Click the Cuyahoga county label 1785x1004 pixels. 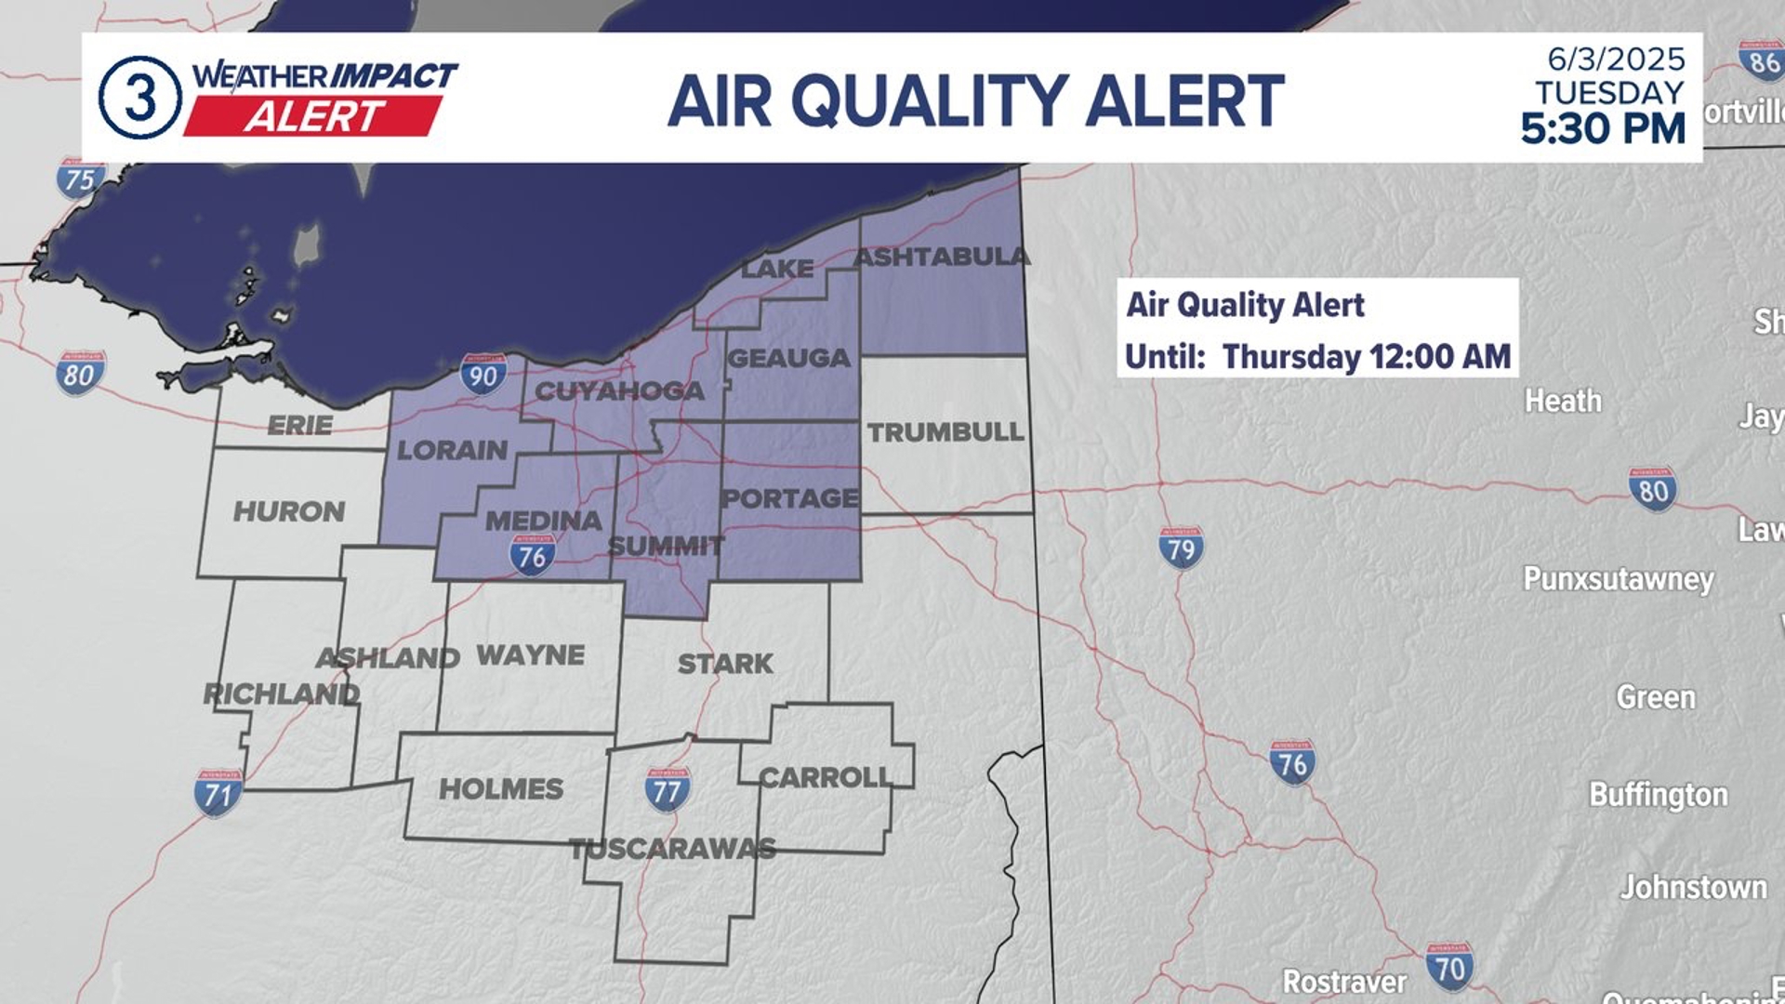point(619,391)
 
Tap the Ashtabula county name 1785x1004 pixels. point(941,257)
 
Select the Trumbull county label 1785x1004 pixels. point(945,431)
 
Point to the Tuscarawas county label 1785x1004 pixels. point(672,849)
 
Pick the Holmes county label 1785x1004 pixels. point(501,789)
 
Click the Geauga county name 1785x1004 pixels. point(788,358)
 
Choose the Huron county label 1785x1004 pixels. point(288,511)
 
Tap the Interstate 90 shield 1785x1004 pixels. point(483,374)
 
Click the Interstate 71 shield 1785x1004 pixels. point(218,793)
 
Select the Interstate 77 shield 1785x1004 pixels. point(668,789)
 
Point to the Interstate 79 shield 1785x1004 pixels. point(1181,548)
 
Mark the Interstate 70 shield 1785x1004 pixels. point(1449,966)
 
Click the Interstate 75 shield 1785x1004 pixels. point(80,178)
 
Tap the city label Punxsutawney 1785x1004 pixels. point(1618,579)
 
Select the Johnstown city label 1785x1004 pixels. point(1693,887)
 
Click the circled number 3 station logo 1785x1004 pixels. point(139,98)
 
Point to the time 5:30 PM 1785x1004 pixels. point(1603,128)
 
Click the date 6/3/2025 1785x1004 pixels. point(1616,59)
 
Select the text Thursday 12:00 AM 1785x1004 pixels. point(1366,356)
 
